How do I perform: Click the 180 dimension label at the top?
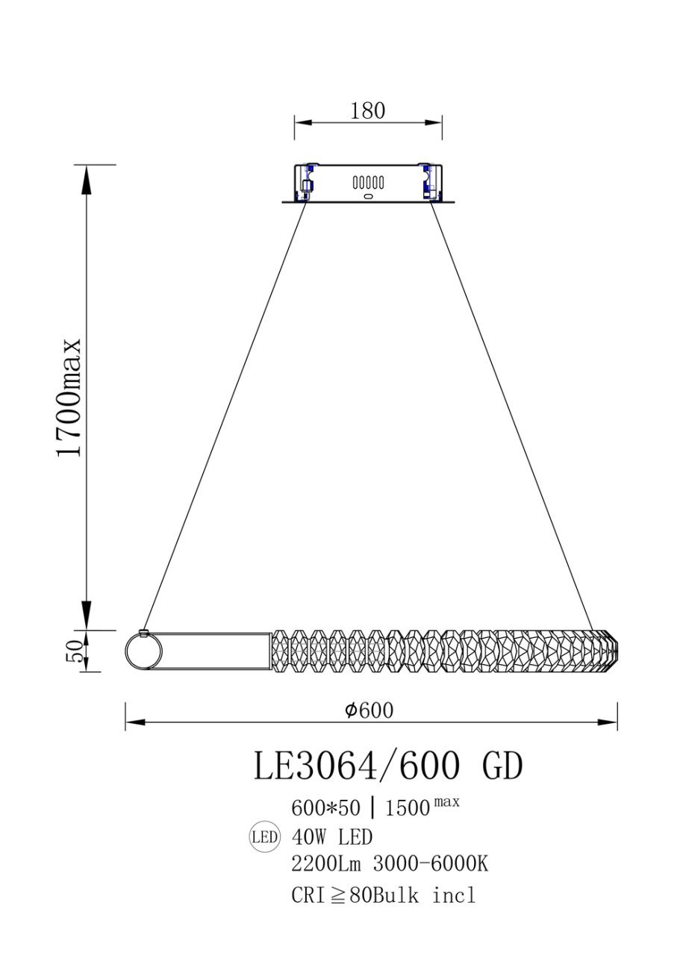(x=367, y=110)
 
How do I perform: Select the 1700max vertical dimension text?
(x=69, y=397)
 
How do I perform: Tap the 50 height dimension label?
(x=74, y=651)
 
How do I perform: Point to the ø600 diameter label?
(x=369, y=710)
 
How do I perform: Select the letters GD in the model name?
(x=502, y=766)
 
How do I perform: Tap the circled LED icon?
(x=264, y=837)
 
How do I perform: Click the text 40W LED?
(x=332, y=837)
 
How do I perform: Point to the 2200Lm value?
(x=326, y=865)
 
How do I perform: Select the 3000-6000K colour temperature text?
(x=431, y=865)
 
